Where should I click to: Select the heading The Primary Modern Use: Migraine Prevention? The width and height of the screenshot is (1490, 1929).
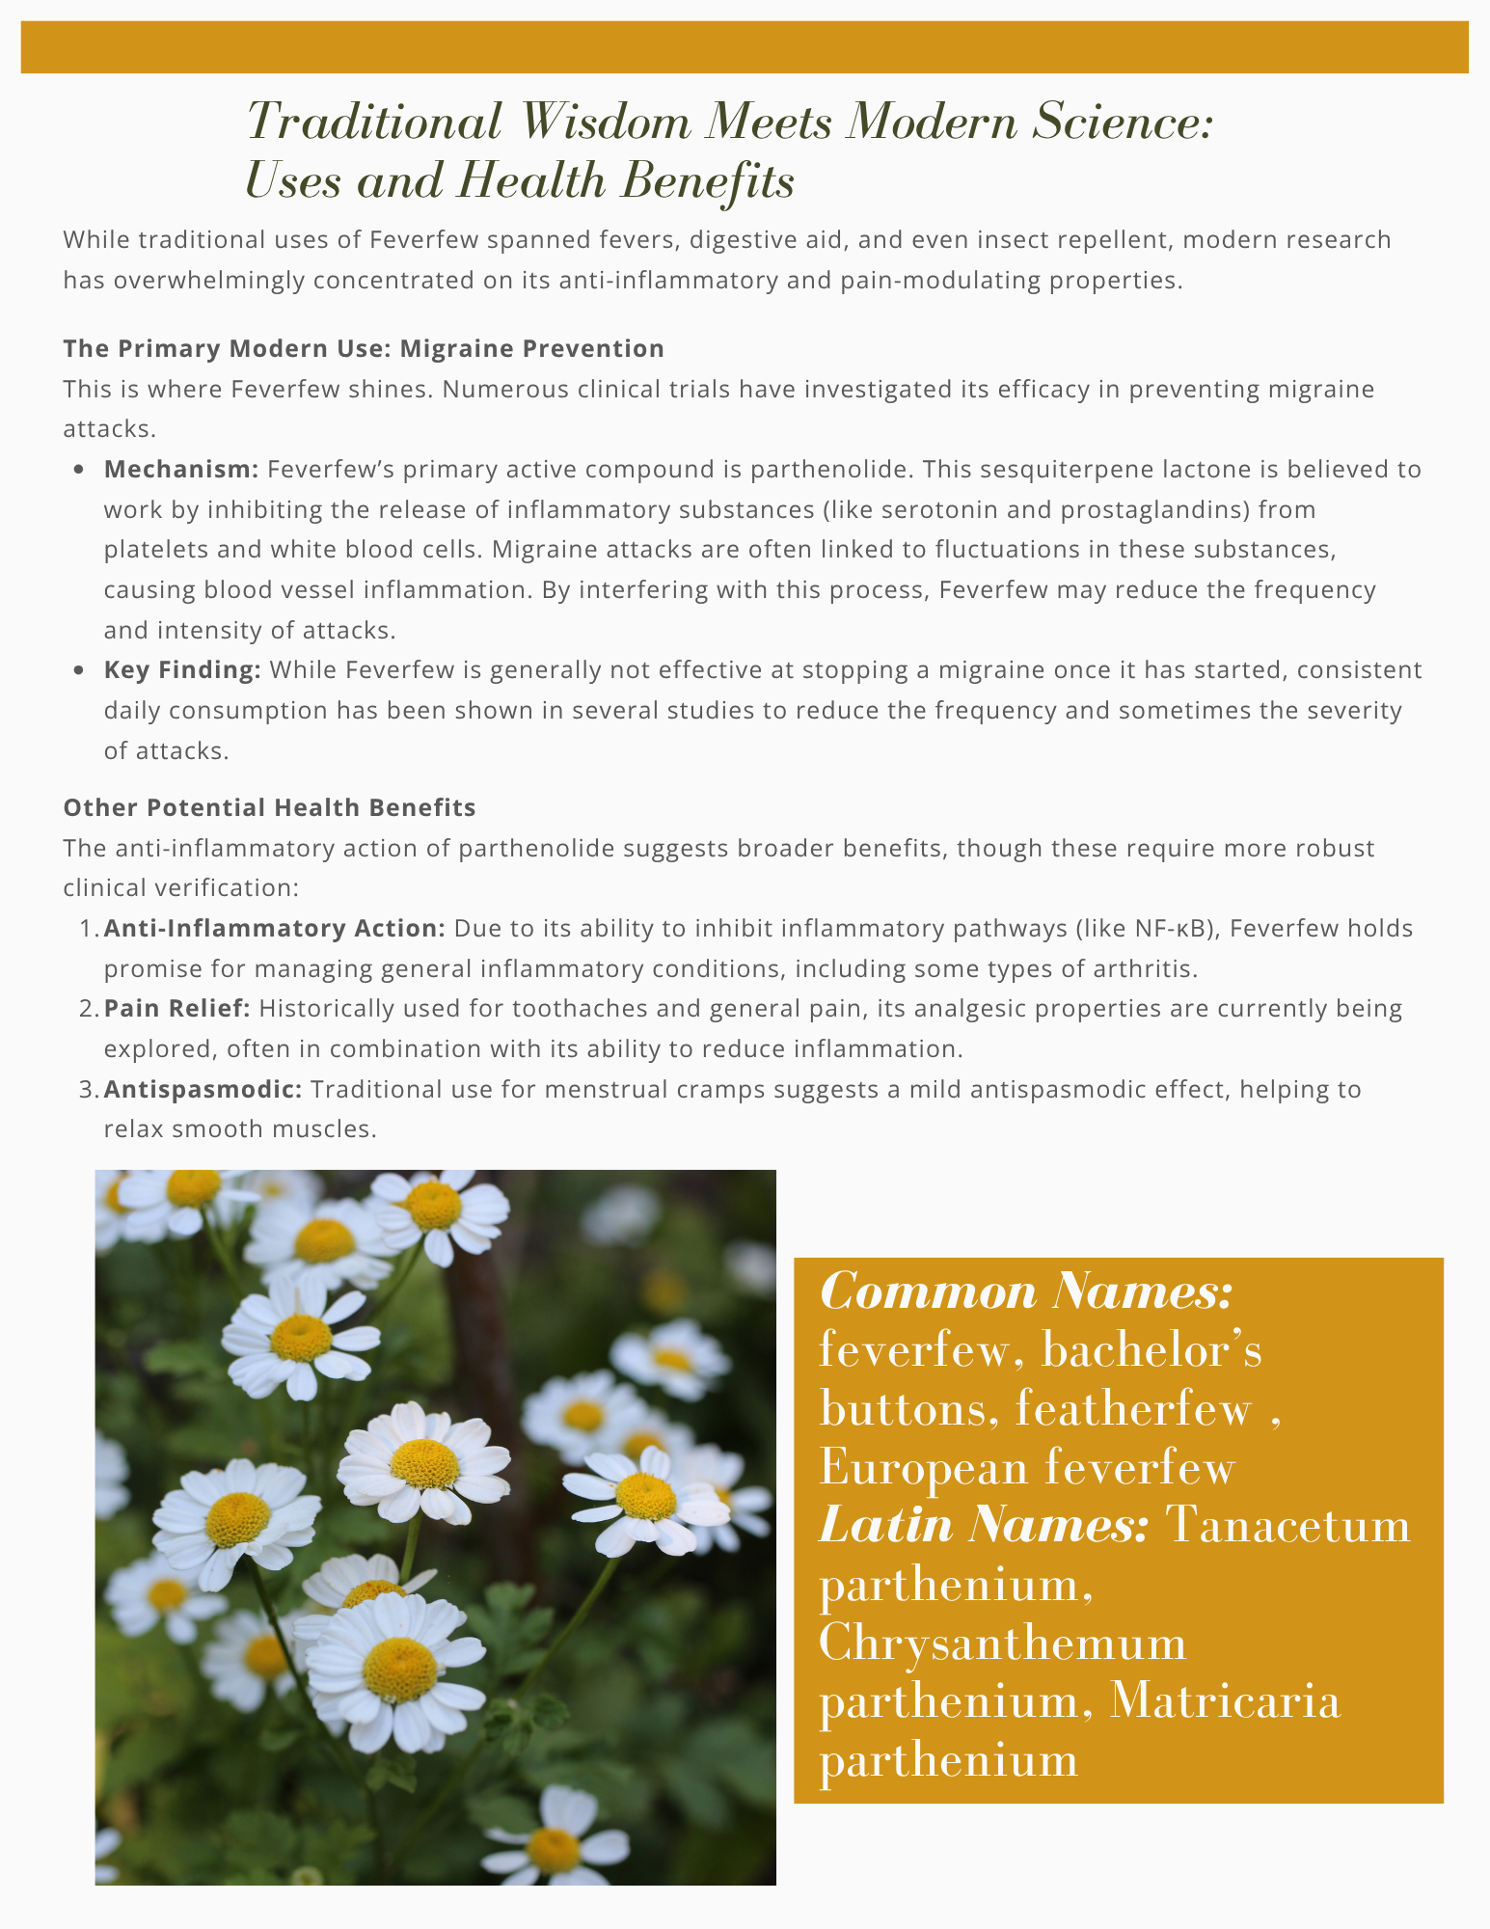click(364, 348)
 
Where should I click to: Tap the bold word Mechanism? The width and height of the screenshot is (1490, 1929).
click(181, 470)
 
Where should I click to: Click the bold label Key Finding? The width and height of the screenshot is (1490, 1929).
click(182, 670)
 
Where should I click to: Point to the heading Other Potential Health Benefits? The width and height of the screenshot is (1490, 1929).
click(269, 807)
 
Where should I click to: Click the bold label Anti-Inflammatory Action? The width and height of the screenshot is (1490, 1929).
click(274, 929)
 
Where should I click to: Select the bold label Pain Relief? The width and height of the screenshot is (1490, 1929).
click(177, 1009)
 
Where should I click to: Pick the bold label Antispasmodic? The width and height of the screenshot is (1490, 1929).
click(203, 1090)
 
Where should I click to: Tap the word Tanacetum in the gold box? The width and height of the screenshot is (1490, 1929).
click(1287, 1526)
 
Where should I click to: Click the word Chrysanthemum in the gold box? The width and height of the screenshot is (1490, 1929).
click(1002, 1644)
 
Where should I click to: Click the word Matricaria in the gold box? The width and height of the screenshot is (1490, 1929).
click(1225, 1701)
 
